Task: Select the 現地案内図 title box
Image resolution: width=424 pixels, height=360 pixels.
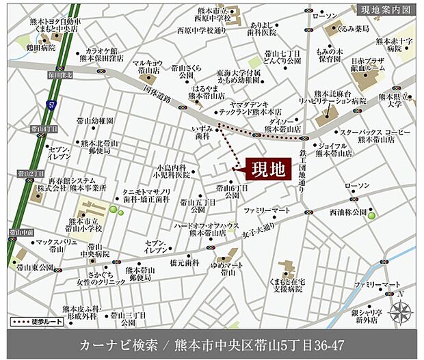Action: pyautogui.click(x=384, y=10)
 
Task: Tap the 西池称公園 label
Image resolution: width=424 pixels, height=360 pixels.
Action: pyautogui.click(x=347, y=213)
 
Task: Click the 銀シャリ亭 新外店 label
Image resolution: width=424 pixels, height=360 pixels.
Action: pyautogui.click(x=370, y=315)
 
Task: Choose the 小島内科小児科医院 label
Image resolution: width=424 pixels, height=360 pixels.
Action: pyautogui.click(x=172, y=170)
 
